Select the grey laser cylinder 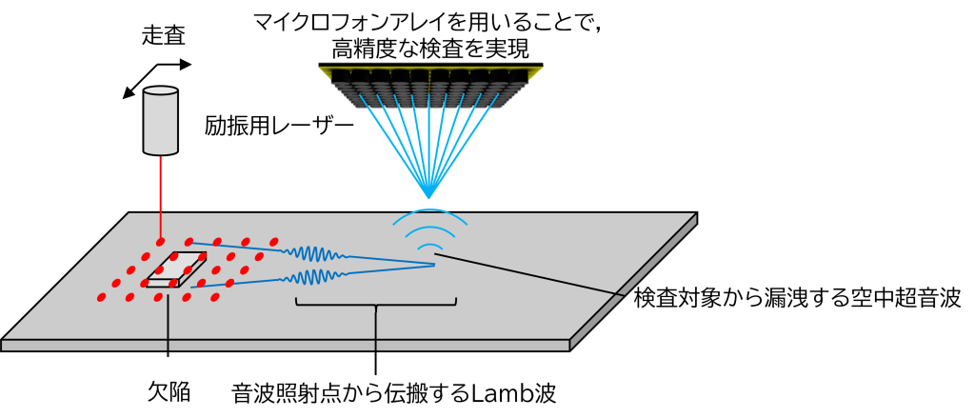click(162, 120)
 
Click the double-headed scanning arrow click(157, 79)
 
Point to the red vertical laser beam click(162, 198)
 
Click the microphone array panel click(431, 86)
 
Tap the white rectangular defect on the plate click(176, 270)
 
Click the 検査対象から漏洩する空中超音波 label click(799, 299)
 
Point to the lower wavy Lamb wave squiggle click(313, 275)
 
